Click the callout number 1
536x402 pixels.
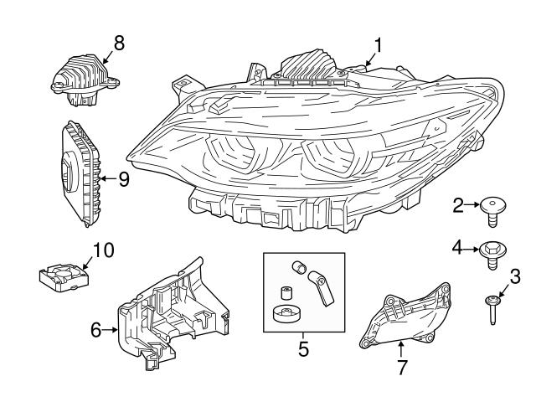[378, 45]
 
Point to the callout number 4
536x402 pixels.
[458, 247]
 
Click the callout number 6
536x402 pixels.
[96, 330]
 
